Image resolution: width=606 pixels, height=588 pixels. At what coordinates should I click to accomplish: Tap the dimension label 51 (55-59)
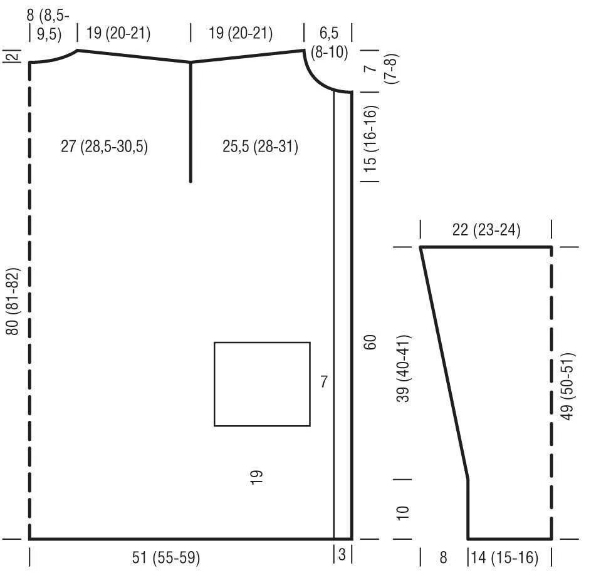point(166,557)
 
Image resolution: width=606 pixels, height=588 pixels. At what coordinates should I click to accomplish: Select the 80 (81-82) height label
point(13,302)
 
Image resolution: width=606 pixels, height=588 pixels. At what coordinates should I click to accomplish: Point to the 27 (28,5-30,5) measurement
point(105,147)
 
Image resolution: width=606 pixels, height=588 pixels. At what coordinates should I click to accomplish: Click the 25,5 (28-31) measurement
point(260,147)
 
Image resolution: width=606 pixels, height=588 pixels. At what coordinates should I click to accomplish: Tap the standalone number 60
point(370,342)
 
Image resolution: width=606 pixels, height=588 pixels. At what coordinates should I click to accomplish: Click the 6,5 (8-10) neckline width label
point(329,43)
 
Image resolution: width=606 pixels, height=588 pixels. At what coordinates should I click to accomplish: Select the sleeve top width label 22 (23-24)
point(486,230)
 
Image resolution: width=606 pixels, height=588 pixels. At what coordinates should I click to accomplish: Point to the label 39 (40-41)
point(403,369)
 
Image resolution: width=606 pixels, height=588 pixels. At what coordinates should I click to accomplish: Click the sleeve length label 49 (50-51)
point(567,386)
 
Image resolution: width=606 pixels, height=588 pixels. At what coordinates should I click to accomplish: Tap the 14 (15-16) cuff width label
point(504,557)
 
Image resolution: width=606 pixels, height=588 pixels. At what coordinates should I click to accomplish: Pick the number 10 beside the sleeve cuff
point(403,512)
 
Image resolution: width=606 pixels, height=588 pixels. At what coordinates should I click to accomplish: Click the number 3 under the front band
point(342,554)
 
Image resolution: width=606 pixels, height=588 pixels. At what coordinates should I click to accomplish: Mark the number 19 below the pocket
point(256,477)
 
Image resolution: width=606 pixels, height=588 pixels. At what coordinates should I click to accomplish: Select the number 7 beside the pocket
point(324,382)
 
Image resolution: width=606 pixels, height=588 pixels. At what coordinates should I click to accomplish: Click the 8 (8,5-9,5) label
point(48,25)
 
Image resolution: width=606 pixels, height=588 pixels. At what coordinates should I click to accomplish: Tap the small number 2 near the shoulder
point(13,56)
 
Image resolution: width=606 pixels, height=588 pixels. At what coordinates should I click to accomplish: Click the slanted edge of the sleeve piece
point(444,363)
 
